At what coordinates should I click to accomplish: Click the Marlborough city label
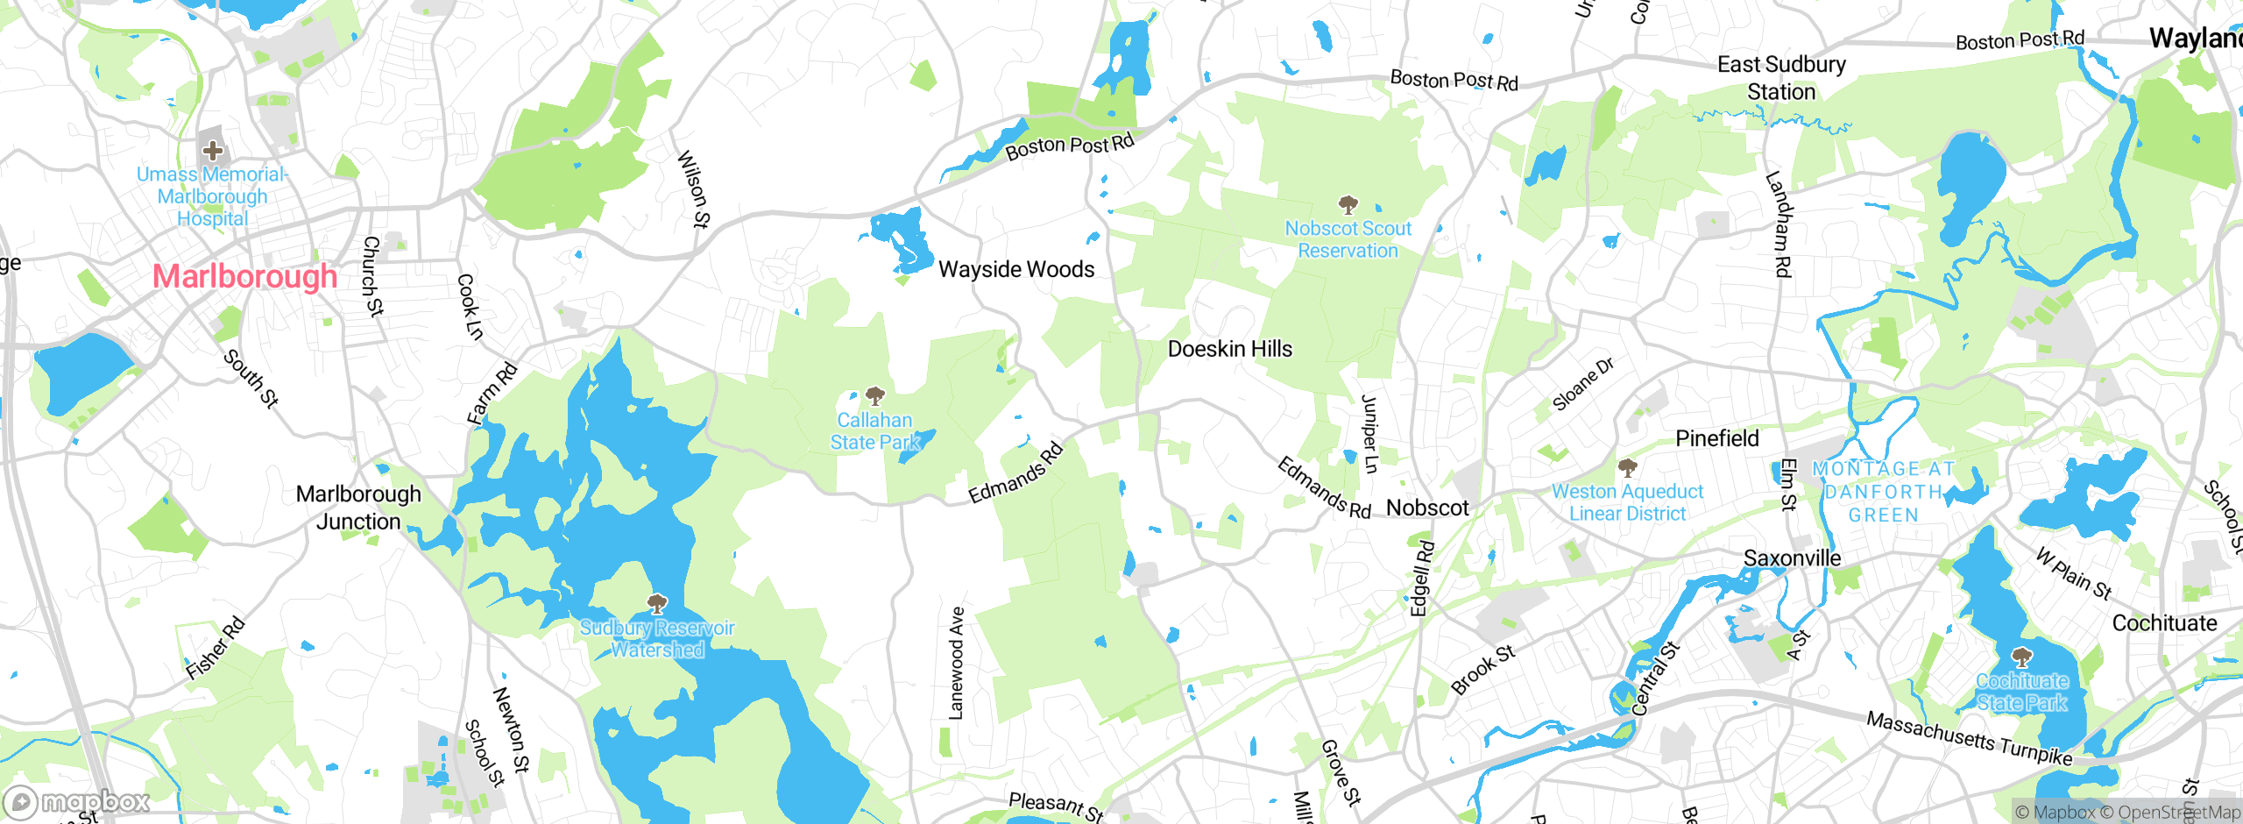[244, 276]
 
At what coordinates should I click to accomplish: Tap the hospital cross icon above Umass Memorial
[213, 150]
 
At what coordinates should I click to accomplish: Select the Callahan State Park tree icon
[874, 396]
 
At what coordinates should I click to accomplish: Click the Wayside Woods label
[1016, 269]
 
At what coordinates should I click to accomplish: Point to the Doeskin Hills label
[1229, 349]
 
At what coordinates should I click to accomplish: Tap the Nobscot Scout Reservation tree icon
[1348, 205]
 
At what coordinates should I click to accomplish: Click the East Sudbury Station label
[1781, 78]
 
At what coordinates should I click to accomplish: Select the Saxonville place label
[1792, 558]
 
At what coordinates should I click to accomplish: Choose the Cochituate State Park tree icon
[2021, 657]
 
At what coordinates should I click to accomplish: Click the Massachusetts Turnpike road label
[1969, 739]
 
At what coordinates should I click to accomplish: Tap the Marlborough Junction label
[358, 508]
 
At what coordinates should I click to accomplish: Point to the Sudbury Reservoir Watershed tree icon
[657, 603]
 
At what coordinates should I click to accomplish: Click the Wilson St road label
[693, 188]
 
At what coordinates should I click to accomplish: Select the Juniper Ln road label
[1369, 434]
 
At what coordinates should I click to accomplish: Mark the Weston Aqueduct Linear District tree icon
[1627, 467]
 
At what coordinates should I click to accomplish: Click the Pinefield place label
[1716, 438]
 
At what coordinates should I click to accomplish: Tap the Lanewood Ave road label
[956, 664]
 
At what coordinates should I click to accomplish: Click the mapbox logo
[77, 801]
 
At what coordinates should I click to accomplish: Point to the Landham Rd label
[1778, 224]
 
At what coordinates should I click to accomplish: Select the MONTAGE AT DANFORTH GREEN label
[1884, 492]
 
